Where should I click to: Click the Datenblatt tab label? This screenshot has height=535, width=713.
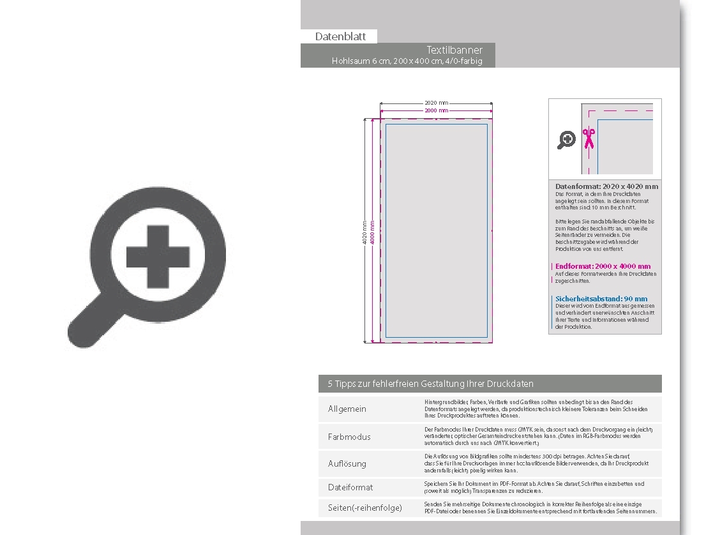tap(340, 36)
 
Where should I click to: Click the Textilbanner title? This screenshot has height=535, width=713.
tap(454, 50)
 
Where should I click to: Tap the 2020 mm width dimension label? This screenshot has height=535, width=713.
tap(436, 103)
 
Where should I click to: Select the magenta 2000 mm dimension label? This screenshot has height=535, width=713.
tap(436, 110)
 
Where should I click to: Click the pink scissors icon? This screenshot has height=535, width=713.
tap(588, 138)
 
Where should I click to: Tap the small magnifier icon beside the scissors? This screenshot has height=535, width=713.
tap(566, 140)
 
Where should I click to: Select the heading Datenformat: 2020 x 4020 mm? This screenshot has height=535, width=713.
tap(606, 186)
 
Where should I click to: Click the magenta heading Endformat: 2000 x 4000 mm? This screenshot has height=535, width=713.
tap(603, 266)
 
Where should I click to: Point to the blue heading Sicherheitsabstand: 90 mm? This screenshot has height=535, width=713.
tap(601, 299)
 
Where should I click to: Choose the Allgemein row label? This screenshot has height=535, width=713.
tap(347, 409)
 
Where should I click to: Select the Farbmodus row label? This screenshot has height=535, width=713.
tap(349, 437)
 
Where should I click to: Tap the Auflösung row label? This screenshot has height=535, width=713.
tap(347, 463)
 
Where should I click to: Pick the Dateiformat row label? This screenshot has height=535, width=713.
tap(350, 487)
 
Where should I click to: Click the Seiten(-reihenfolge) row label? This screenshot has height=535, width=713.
tap(365, 508)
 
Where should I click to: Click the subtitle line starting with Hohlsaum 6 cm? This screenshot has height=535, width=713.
tap(407, 61)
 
